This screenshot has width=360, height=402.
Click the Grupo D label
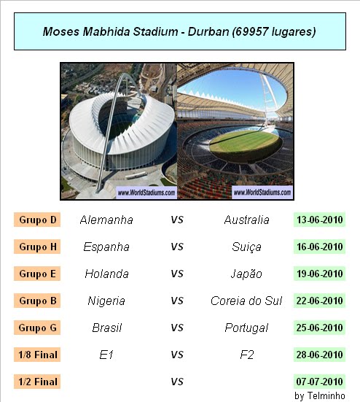[x=37, y=220]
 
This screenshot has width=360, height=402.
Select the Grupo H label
[x=37, y=247]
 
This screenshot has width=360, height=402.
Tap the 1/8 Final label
[x=37, y=355]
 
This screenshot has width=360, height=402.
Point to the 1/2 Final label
[x=37, y=382]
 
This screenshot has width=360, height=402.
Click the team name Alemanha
[x=106, y=220]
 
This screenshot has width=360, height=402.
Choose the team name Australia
[x=246, y=220]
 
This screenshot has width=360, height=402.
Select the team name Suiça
[x=246, y=247]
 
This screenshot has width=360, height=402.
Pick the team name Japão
[x=246, y=274]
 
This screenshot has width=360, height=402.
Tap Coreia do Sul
[x=246, y=301]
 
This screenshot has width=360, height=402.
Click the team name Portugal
[x=246, y=328]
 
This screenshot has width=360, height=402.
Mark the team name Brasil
[x=107, y=328]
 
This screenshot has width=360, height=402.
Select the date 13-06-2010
[x=319, y=220]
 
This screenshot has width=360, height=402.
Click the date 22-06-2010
[x=319, y=301]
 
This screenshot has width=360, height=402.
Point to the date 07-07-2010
[x=319, y=382]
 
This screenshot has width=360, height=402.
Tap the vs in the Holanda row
[x=177, y=274]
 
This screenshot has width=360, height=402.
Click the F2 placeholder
[x=247, y=355]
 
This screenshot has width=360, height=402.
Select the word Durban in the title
[x=208, y=31]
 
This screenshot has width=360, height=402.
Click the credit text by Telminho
[x=320, y=395]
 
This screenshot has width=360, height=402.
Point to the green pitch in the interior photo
[x=245, y=141]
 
